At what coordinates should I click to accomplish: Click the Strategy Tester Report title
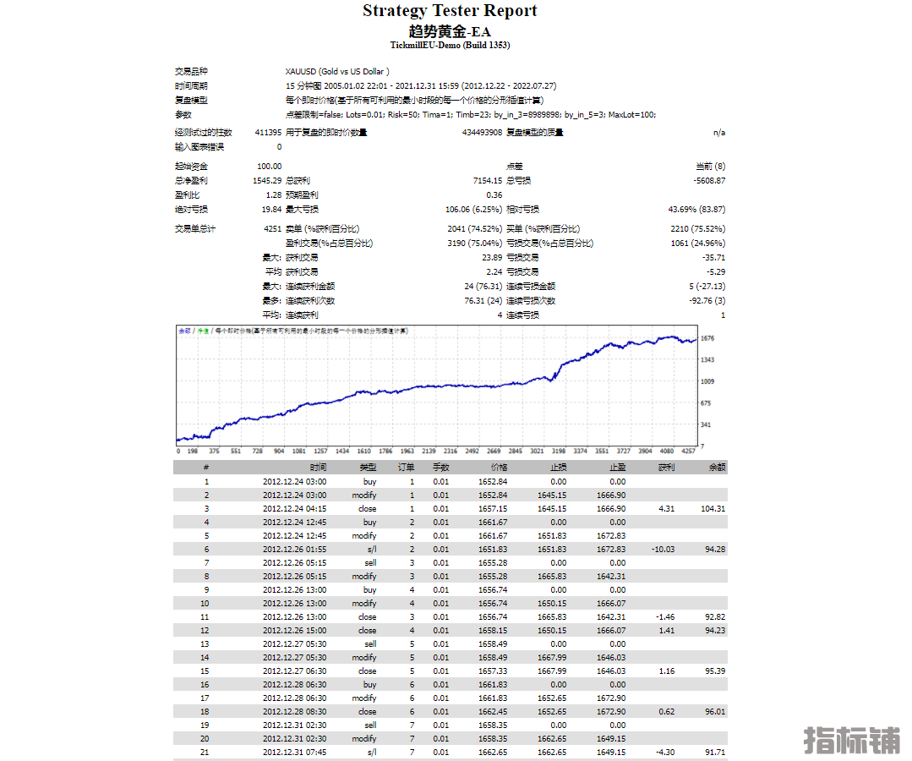point(450,11)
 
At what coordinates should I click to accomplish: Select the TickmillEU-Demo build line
point(450,46)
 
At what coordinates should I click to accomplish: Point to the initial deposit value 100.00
point(270,167)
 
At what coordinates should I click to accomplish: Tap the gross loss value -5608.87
point(708,180)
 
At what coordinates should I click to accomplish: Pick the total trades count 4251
point(272,228)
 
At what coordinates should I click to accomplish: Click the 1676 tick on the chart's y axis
point(708,338)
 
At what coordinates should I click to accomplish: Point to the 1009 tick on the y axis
point(708,381)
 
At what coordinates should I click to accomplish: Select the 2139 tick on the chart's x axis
point(429,452)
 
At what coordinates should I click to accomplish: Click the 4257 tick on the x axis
point(689,452)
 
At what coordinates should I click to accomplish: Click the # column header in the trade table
point(205,468)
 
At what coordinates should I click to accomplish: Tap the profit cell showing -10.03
point(663,550)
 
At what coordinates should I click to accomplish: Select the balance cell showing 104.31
point(713,509)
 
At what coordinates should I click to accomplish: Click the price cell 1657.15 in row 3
point(493,509)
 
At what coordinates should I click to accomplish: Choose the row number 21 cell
point(205,753)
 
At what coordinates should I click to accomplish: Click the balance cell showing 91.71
point(714,753)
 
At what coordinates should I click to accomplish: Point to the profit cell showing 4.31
point(665,509)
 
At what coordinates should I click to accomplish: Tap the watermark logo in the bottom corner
point(851,739)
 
